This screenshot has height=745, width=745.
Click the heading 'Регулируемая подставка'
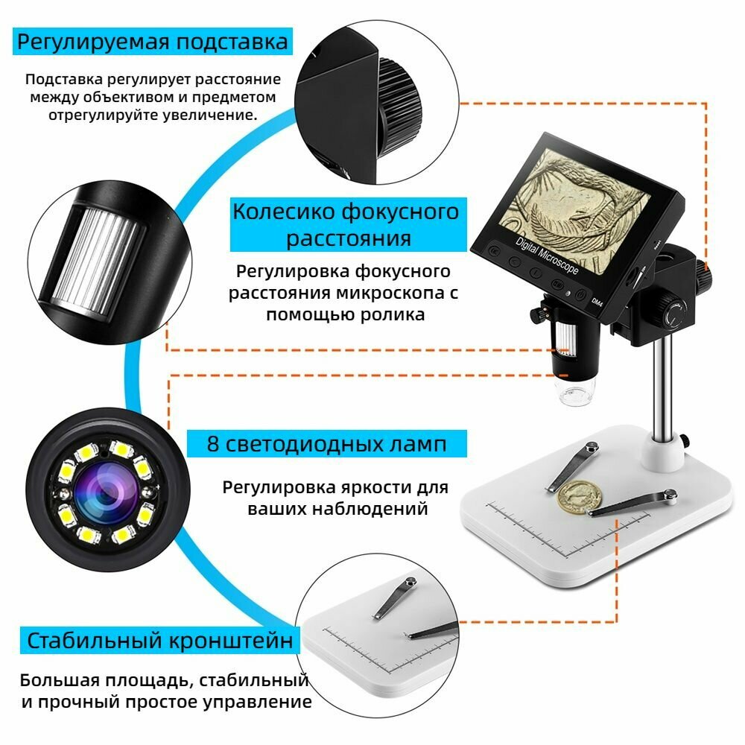152,42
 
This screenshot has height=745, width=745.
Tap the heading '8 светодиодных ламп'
327,444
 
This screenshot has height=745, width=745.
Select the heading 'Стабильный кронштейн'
159,640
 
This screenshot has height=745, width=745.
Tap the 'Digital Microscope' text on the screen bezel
548,256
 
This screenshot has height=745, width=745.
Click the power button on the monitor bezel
580,296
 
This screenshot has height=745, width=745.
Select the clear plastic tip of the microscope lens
576,393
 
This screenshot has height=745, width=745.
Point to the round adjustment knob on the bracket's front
673,314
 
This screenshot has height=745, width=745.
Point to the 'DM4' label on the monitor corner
596,302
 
